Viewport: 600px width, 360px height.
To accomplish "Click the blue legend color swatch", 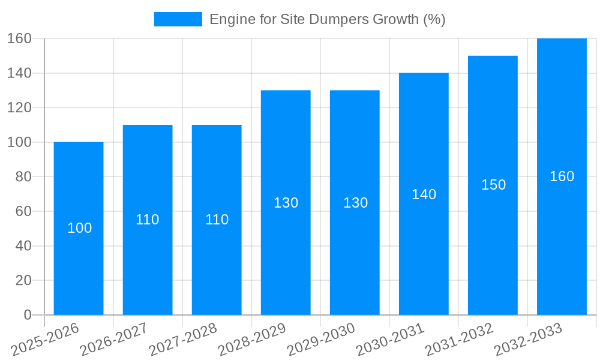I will click(x=178, y=19).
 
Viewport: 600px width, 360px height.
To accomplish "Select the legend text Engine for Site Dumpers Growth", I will click(x=327, y=19).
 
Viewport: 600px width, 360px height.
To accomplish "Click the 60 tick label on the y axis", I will click(x=23, y=211).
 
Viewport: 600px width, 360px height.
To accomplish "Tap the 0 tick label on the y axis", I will click(x=27, y=315).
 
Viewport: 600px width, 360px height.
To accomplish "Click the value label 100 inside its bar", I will click(x=79, y=228).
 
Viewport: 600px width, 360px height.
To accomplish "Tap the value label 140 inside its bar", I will click(x=424, y=194).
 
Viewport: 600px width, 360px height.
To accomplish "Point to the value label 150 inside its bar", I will click(x=493, y=185).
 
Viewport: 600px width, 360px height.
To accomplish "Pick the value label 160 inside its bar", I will click(x=562, y=176).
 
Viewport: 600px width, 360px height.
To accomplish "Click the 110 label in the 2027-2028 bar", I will click(x=217, y=220).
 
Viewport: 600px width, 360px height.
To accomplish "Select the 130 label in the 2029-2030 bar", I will click(x=355, y=203).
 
